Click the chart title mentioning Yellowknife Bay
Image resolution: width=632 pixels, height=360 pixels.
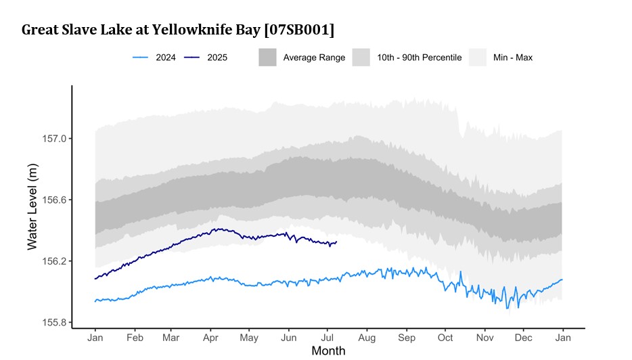pos(178,30)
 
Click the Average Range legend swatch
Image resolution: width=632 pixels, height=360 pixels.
pos(268,58)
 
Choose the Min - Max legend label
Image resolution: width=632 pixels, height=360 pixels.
pos(512,58)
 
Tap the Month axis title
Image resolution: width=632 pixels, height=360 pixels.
pos(328,351)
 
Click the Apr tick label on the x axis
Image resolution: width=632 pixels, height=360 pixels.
pos(210,337)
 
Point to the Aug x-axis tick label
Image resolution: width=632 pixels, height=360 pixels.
pos(367,337)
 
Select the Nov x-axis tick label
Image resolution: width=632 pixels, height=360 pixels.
pos(484,337)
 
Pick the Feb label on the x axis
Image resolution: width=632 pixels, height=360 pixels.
pos(135,337)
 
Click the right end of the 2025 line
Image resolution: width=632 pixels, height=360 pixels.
pos(336,242)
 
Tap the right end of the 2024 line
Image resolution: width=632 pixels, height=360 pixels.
pos(562,279)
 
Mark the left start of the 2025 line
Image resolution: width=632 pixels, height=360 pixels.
pos(95,279)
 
